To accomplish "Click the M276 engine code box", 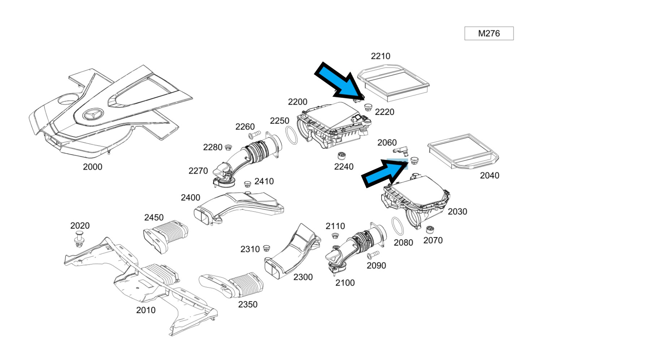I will coord(489,34).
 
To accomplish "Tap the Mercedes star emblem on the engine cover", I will coord(93,114).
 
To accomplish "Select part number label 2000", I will coord(93,167).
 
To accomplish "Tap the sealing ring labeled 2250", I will coord(292,135).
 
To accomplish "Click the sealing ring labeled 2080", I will coord(398,226).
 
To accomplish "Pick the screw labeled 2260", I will coord(254,135).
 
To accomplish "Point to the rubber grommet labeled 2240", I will coord(342,156).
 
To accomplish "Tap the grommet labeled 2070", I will coord(430,230).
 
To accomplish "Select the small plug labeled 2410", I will coord(248,184).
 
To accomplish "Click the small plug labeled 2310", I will coord(267,248).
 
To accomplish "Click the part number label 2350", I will coord(248,304).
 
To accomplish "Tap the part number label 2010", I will coord(146,310).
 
